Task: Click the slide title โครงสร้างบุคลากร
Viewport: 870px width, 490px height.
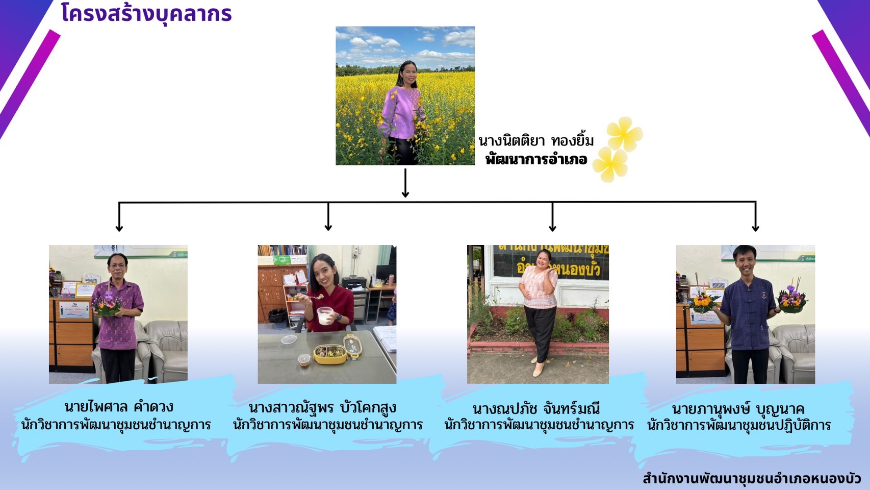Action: point(146,14)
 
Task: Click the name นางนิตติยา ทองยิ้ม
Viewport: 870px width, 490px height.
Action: point(536,141)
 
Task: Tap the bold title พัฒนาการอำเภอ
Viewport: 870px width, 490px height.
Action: point(536,159)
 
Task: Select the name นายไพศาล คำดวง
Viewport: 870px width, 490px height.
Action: point(119,407)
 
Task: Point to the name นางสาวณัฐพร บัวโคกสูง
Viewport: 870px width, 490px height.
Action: point(322,407)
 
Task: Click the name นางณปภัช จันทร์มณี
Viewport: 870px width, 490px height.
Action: point(536,408)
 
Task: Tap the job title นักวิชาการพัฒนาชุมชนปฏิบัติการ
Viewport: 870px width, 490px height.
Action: point(739,425)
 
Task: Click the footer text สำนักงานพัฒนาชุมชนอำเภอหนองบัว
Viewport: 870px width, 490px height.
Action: point(752,478)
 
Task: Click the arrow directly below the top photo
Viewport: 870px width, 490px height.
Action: point(405,183)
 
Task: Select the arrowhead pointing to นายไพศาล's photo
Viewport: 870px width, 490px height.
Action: point(119,228)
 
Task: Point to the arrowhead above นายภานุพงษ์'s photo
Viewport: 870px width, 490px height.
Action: point(755,228)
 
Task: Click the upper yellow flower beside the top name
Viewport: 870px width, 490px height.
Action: point(624,134)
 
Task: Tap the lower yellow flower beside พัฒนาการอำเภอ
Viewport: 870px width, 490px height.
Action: point(610,164)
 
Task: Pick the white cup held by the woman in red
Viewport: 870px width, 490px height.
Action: point(325,315)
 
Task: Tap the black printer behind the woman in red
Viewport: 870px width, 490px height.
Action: point(354,283)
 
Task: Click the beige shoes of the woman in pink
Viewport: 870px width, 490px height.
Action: point(539,367)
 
